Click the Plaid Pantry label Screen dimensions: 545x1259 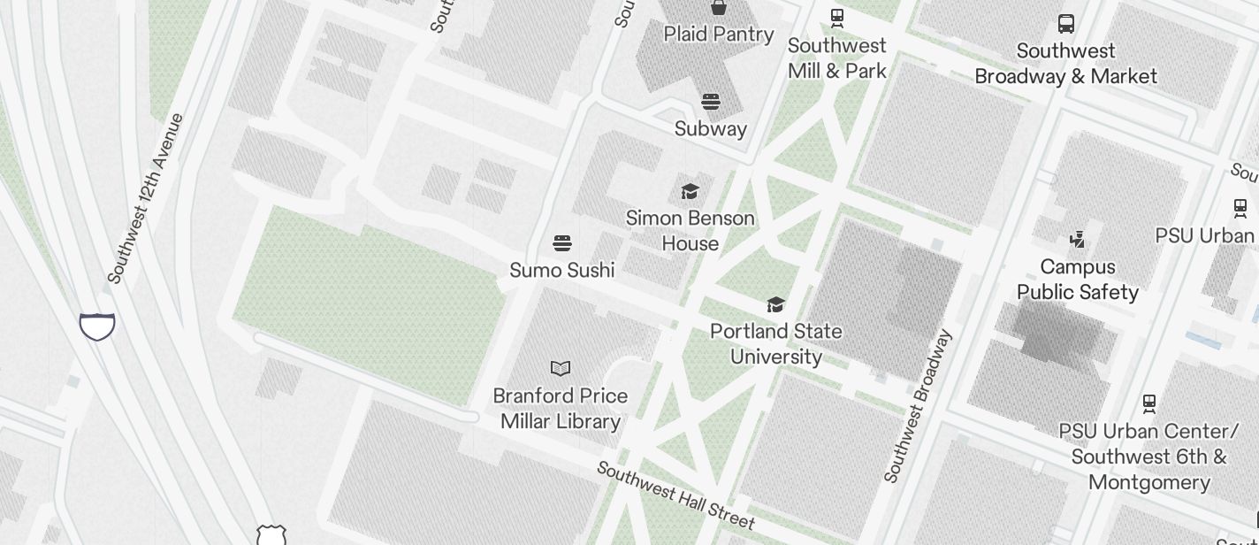pyautogui.click(x=719, y=35)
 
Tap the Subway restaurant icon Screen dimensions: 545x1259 pyautogui.click(x=711, y=102)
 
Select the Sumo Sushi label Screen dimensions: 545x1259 pyautogui.click(x=562, y=270)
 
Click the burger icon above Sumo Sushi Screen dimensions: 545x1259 pyautogui.click(x=562, y=243)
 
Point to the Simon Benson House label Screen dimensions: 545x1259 pyautogui.click(x=691, y=231)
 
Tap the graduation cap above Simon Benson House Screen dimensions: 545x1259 pyautogui.click(x=690, y=191)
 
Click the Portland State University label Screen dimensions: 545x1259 pyautogui.click(x=776, y=343)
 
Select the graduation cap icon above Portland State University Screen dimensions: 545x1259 pyautogui.click(x=775, y=305)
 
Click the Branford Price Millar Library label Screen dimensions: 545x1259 pyautogui.click(x=561, y=408)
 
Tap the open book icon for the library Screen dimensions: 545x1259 pyautogui.click(x=561, y=368)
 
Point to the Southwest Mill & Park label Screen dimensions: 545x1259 pyautogui.click(x=836, y=58)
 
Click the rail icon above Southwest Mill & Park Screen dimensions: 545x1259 pyautogui.click(x=836, y=17)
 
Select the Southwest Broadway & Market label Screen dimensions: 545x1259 pyautogui.click(x=1065, y=64)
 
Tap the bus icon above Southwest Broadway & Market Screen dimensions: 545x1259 pyautogui.click(x=1066, y=24)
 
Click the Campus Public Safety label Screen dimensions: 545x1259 pyautogui.click(x=1077, y=280)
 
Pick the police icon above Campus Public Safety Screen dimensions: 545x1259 pyautogui.click(x=1077, y=239)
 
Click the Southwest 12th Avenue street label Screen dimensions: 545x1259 pyautogui.click(x=145, y=199)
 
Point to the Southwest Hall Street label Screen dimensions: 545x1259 pyautogui.click(x=675, y=495)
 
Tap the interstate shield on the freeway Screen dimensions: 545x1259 pyautogui.click(x=97, y=326)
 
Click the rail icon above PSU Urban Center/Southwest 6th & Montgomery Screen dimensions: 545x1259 pyautogui.click(x=1149, y=404)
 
